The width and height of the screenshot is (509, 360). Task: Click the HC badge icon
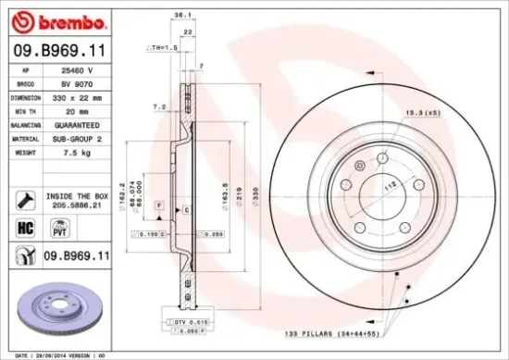(23, 227)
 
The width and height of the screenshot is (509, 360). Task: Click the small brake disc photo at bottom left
(56, 307)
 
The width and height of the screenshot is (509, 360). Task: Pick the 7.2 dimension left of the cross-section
(158, 107)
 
